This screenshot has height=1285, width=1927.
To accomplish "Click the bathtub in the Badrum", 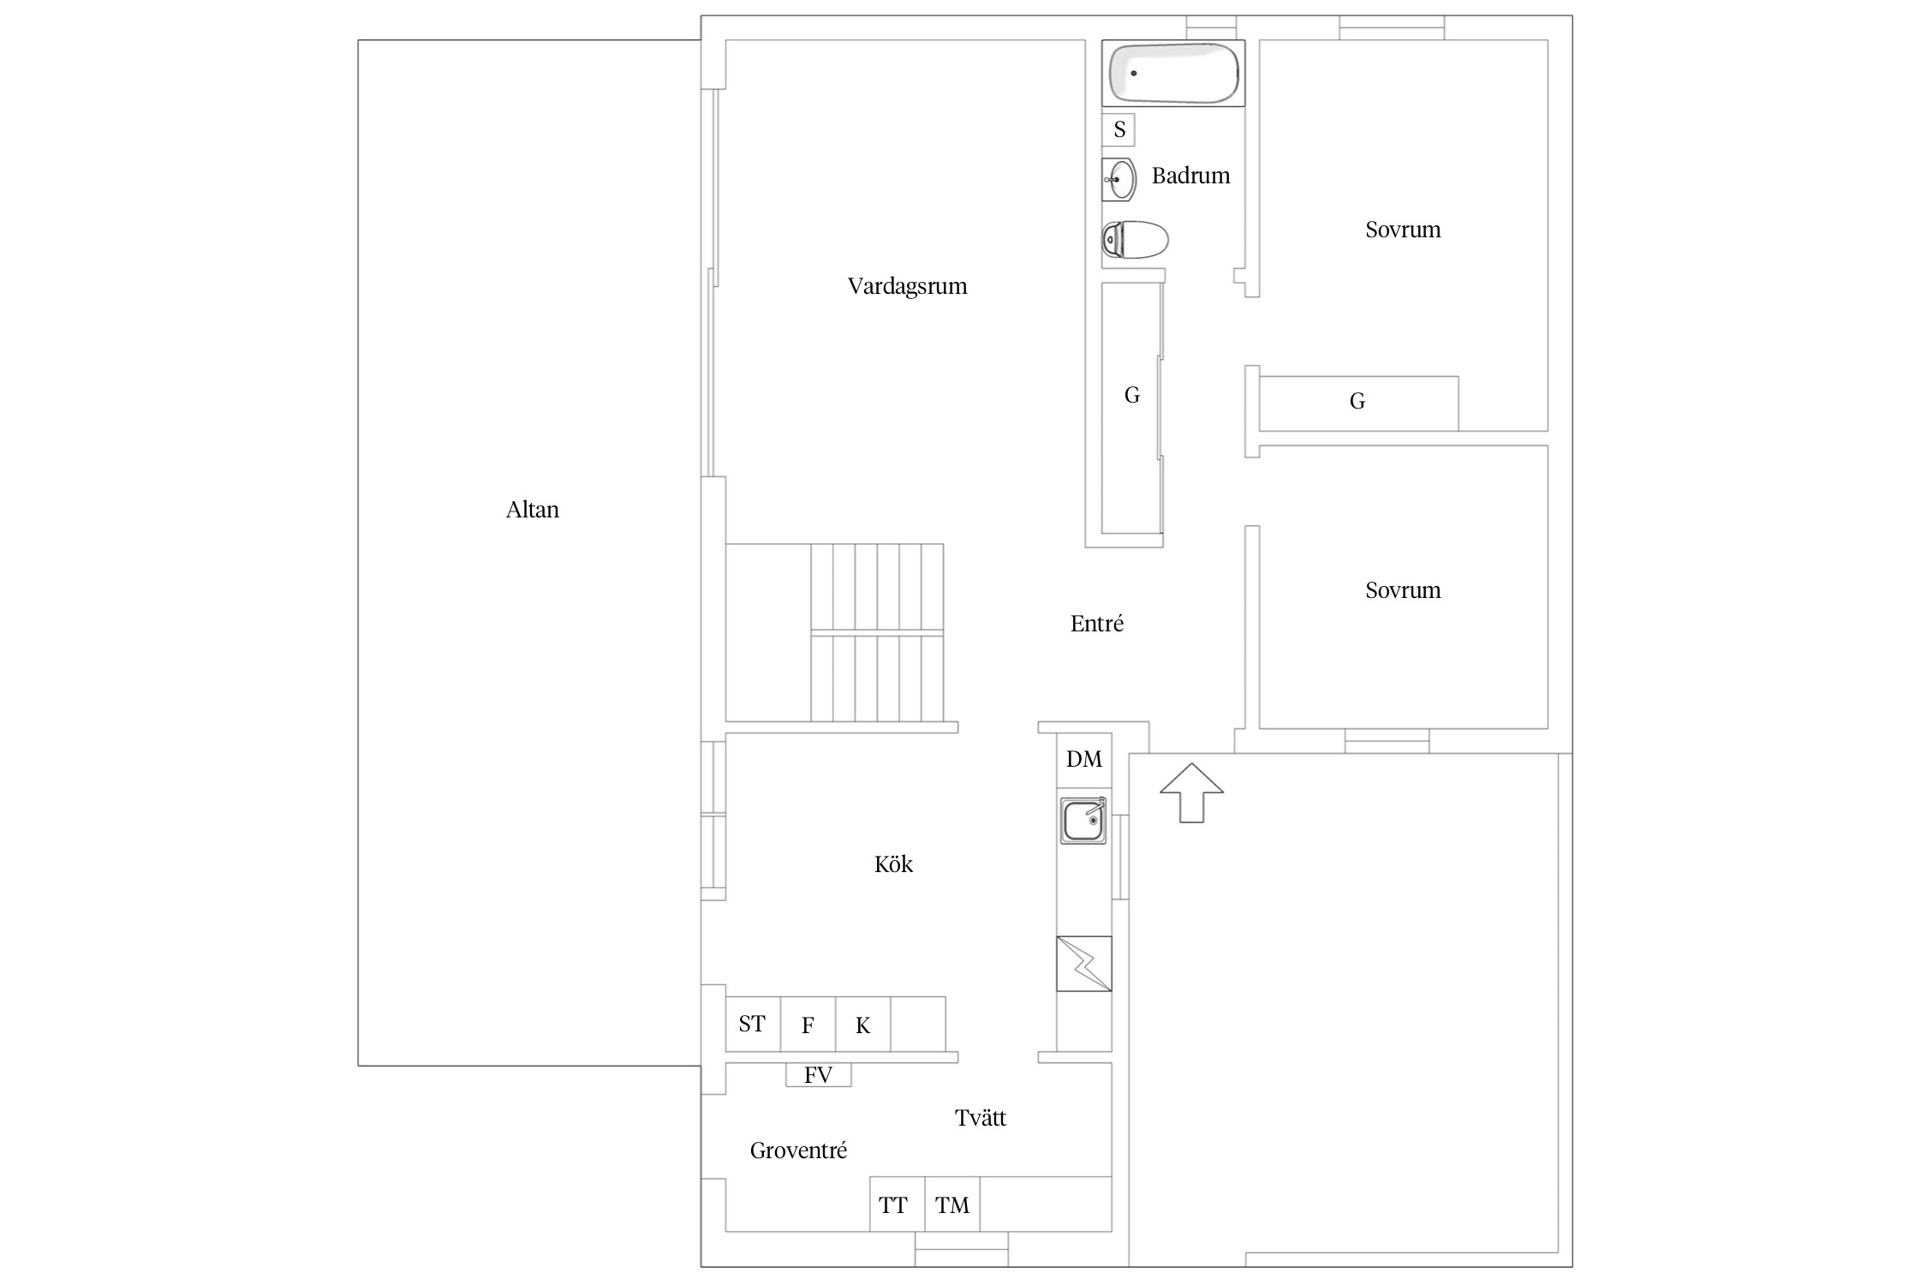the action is pos(1173,74).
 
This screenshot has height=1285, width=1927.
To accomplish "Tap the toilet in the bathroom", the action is pos(1135,240).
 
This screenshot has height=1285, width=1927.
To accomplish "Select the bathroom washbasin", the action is pos(1119,180).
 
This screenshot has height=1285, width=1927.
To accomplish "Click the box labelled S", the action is pos(1119,130).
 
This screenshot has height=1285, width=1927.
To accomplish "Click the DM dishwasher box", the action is pos(1084,760).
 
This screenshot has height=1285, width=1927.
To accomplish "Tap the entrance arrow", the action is pos(1191,793).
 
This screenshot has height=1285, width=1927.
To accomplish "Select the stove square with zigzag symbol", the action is pos(1084,964).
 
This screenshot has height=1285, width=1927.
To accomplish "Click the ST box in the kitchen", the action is pos(753,1024).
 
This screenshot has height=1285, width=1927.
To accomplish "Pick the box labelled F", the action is pos(808,1024).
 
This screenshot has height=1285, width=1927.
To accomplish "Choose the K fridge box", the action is pos(862,1024).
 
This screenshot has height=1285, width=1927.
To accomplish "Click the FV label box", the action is pos(819,1075).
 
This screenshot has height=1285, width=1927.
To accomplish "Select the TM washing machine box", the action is pos(952,1204).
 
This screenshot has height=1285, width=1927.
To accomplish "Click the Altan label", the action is pos(533,510).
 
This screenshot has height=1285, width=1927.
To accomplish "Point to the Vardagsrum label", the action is pos(908,286).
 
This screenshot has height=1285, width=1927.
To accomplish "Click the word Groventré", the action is pos(798,1151).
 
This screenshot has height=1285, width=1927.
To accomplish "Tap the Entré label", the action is pos(1097,624).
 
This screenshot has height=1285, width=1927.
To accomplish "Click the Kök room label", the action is pos(893,864).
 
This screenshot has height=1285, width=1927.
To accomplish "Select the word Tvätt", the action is pos(981,1117).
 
